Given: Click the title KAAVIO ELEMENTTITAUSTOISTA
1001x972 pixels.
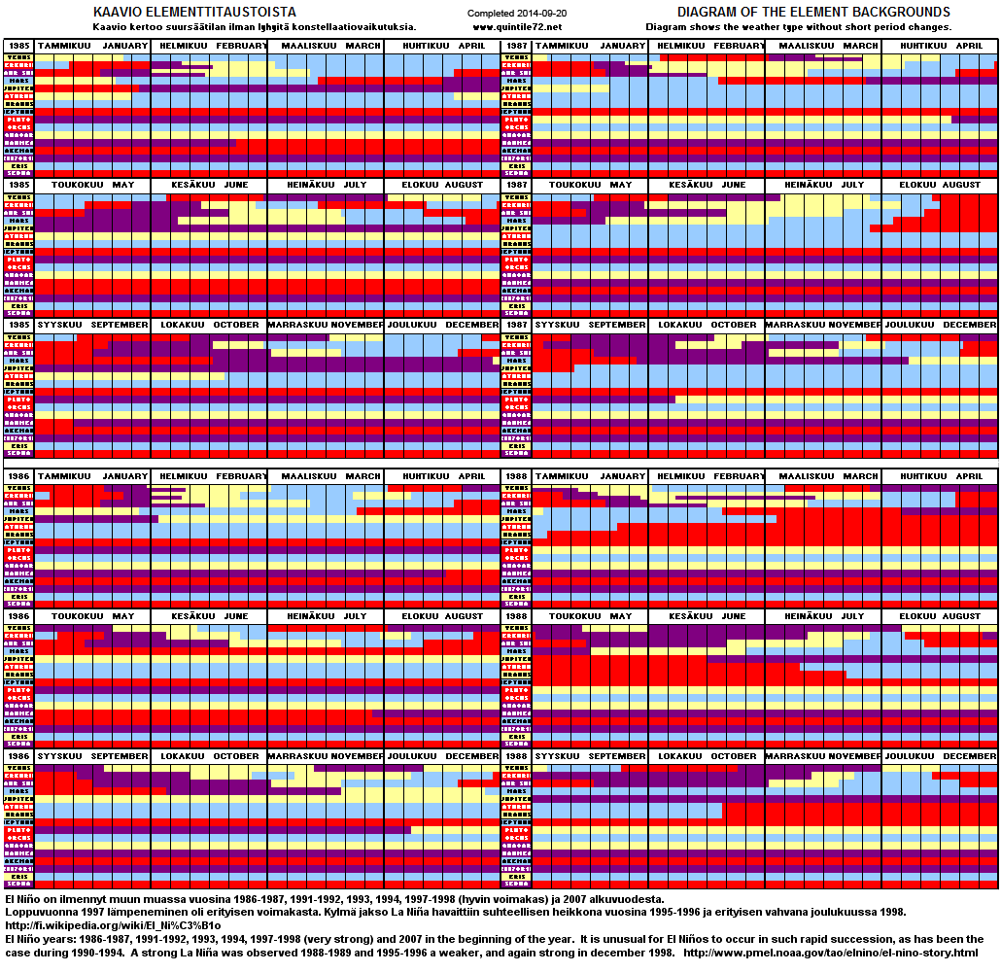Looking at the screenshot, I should [x=194, y=12].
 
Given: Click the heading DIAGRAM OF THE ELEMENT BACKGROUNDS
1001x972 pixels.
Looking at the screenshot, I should [x=813, y=12].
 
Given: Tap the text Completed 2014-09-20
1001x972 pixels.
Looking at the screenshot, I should [x=517, y=14].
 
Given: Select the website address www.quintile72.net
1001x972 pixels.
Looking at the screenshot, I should [x=517, y=26].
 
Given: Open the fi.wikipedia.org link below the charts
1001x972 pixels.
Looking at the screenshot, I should [x=113, y=925].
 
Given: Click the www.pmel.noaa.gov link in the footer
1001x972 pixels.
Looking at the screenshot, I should [x=832, y=953].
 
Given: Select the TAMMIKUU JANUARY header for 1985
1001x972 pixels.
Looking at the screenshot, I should [x=92, y=46].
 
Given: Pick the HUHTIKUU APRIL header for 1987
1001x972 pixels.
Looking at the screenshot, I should [x=941, y=46].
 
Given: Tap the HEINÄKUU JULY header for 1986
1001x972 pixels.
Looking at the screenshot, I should [x=326, y=616].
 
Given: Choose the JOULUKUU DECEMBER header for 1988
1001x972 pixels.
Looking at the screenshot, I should [x=941, y=756].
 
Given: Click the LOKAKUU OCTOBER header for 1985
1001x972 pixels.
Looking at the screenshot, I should [x=209, y=325].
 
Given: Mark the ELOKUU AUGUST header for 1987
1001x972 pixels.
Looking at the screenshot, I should [x=941, y=185].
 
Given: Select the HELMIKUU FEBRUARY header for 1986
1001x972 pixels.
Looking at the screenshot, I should [x=209, y=477].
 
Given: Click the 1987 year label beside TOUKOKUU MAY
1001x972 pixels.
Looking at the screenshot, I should [x=516, y=185].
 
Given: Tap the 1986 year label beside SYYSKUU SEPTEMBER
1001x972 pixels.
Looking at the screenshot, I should [x=18, y=756].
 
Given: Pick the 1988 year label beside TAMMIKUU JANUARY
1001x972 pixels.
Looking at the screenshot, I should [x=516, y=477].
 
